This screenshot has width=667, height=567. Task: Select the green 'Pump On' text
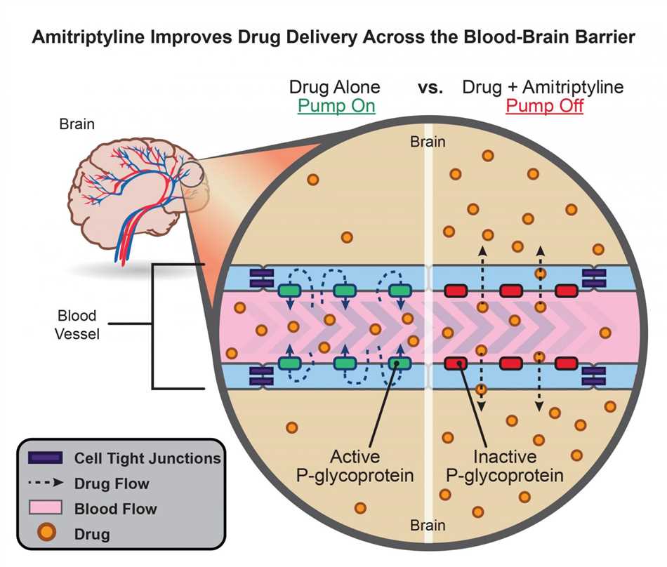336,107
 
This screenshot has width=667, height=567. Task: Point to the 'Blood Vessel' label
77,324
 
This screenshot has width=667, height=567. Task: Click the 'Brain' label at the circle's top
428,142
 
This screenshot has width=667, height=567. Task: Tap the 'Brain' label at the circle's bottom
428,525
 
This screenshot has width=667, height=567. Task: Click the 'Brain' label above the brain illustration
77,125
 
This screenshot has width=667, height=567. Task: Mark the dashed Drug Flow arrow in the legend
47,483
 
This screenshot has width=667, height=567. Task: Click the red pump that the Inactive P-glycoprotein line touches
456,363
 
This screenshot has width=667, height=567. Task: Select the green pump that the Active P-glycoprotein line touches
399,363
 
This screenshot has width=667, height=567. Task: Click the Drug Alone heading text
335,88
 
